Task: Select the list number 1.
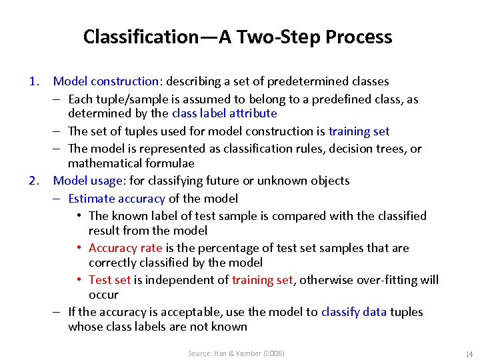[35, 81]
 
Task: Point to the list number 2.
[35, 181]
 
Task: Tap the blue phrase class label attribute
[224, 113]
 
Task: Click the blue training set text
[359, 131]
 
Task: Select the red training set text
[262, 280]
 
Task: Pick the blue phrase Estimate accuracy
[117, 198]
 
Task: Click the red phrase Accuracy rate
[125, 248]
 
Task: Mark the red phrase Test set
[110, 280]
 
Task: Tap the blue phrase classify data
[353, 312]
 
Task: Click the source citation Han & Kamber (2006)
[236, 353]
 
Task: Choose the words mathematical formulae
[131, 163]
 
